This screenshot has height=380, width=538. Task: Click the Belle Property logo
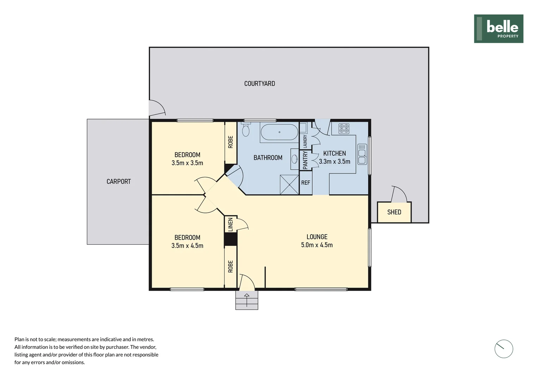click(x=498, y=28)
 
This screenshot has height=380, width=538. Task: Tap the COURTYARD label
click(x=259, y=84)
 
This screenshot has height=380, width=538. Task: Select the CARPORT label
click(x=119, y=182)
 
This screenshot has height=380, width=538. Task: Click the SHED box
click(x=394, y=212)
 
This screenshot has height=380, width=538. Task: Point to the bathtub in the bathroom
click(x=279, y=132)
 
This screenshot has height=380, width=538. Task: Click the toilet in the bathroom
click(x=246, y=130)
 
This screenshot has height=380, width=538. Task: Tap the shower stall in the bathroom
click(x=289, y=184)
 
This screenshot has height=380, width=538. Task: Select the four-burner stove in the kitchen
click(x=344, y=128)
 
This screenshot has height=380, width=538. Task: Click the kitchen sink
click(x=362, y=154)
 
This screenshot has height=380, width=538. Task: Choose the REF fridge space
click(x=306, y=183)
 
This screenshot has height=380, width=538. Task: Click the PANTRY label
click(x=305, y=160)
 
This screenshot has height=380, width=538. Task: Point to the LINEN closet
click(x=231, y=224)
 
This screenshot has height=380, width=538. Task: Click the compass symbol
click(x=503, y=349)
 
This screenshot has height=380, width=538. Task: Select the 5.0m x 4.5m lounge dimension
click(x=317, y=245)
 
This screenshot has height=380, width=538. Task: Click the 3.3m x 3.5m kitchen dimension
click(x=334, y=162)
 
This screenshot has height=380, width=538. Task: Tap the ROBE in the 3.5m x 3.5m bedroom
click(x=231, y=142)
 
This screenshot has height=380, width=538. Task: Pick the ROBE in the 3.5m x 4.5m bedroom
click(x=231, y=266)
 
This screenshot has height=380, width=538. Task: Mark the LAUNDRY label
click(x=305, y=141)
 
